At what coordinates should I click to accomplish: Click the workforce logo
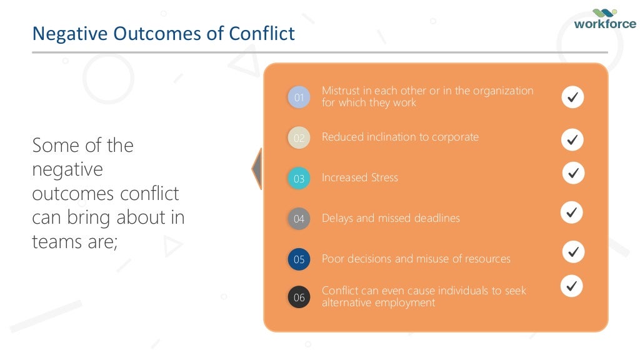click(604, 20)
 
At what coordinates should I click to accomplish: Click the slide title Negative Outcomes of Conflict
click(163, 33)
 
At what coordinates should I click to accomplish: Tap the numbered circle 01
click(299, 97)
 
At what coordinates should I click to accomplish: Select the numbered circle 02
click(299, 138)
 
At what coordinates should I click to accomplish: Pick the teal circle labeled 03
click(299, 179)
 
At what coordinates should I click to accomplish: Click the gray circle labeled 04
click(299, 219)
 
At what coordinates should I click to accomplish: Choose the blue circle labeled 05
click(299, 259)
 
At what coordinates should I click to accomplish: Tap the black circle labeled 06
click(299, 297)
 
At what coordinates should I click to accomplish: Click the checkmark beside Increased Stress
click(573, 172)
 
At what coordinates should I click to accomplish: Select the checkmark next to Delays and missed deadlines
click(571, 212)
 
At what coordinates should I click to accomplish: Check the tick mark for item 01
click(572, 97)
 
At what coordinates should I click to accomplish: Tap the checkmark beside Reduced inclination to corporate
click(572, 139)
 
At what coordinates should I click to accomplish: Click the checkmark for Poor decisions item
click(573, 252)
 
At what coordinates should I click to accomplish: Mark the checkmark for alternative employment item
click(571, 286)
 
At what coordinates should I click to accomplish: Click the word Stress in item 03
click(383, 177)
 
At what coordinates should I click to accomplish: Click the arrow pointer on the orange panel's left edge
click(257, 168)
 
